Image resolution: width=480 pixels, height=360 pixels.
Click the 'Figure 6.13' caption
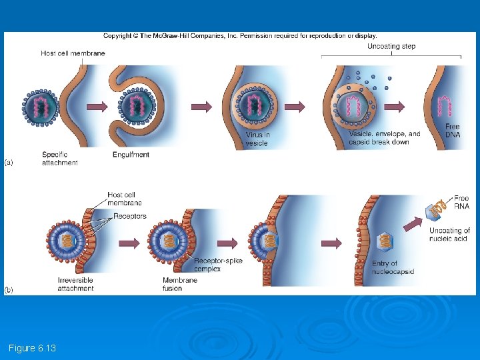click(x=32, y=348)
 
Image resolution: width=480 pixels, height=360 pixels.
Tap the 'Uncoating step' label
click(x=391, y=46)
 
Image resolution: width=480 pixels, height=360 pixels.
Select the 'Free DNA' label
click(x=452, y=130)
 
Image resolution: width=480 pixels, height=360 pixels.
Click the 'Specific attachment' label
click(x=59, y=159)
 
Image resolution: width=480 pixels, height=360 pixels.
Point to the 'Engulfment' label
click(x=131, y=155)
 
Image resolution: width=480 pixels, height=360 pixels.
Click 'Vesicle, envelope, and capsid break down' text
click(x=384, y=137)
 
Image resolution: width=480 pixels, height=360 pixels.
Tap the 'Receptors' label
click(x=129, y=216)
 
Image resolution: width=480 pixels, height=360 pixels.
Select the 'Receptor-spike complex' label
click(x=218, y=264)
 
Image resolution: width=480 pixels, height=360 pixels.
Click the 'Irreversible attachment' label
click(x=76, y=284)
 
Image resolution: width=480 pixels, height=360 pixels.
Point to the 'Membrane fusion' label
click(x=180, y=284)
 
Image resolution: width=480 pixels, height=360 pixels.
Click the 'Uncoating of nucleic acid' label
click(x=449, y=234)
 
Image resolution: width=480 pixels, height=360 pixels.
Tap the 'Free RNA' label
click(x=461, y=202)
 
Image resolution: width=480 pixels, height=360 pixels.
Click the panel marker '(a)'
click(x=9, y=161)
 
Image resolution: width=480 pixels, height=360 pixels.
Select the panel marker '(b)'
click(x=9, y=289)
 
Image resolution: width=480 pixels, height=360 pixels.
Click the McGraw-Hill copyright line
click(x=240, y=36)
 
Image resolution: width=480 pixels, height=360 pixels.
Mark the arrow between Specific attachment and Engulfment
click(x=97, y=106)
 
